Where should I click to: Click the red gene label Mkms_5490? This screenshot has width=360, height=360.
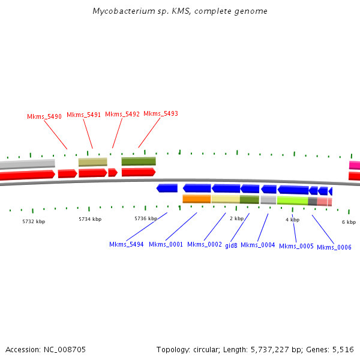click(44, 116)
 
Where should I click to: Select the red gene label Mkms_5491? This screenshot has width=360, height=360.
click(84, 115)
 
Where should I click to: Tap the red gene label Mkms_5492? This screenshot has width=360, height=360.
click(122, 114)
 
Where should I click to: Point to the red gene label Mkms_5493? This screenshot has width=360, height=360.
click(161, 113)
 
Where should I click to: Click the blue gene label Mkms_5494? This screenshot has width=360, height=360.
click(127, 244)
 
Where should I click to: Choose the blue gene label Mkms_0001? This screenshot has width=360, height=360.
click(166, 244)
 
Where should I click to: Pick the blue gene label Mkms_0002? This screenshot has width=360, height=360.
click(205, 244)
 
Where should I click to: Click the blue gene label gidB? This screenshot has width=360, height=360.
click(232, 245)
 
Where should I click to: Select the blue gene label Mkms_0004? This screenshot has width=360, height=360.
click(258, 245)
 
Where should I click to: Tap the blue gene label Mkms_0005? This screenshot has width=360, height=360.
click(296, 246)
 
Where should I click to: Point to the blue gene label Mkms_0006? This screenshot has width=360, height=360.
click(334, 247)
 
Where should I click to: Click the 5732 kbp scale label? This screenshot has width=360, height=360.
click(34, 221)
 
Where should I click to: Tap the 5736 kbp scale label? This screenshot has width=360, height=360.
click(146, 218)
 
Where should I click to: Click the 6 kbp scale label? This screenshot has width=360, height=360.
click(349, 222)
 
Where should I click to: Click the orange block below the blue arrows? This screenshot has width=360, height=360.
click(197, 199)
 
